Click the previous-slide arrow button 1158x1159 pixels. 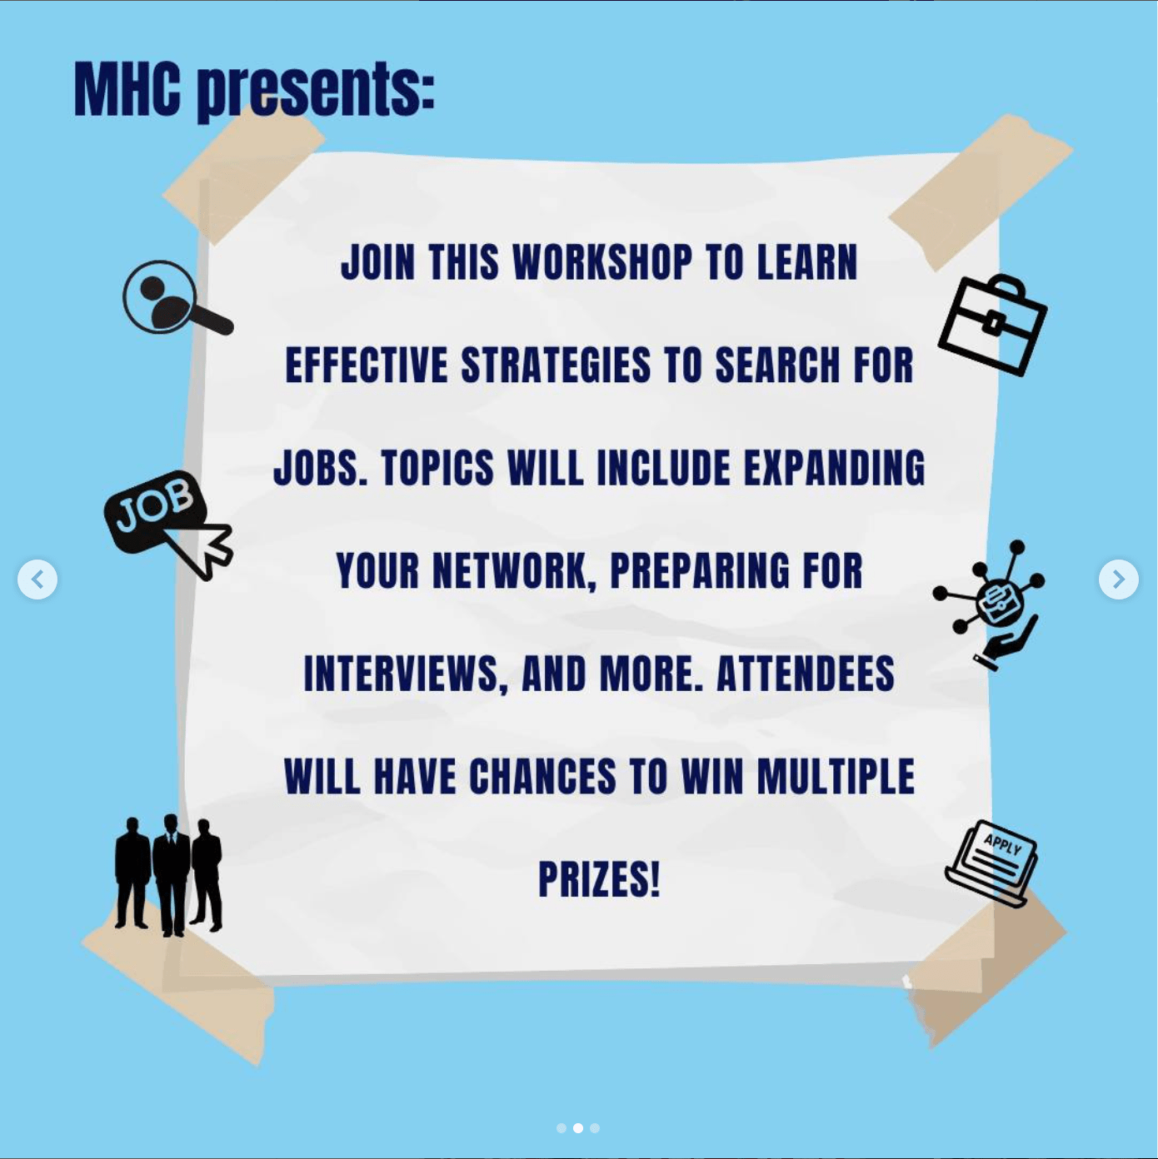pyautogui.click(x=37, y=579)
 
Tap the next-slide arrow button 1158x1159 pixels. pyautogui.click(x=1118, y=579)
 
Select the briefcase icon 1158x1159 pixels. pyautogui.click(x=992, y=325)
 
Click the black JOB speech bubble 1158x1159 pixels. pyautogui.click(x=155, y=511)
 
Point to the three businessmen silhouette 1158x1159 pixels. pyautogui.click(x=169, y=875)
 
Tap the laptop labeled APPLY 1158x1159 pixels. pyautogui.click(x=991, y=863)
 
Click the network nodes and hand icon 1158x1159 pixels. pyautogui.click(x=989, y=605)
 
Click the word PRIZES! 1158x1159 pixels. pyautogui.click(x=599, y=879)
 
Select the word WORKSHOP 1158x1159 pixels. pyautogui.click(x=601, y=262)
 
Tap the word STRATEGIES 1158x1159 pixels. pyautogui.click(x=556, y=365)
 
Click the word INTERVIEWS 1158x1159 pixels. pyautogui.click(x=407, y=674)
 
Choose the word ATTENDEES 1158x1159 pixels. pyautogui.click(x=806, y=674)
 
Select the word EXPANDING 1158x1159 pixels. pyautogui.click(x=834, y=468)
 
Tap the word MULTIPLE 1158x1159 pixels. pyautogui.click(x=836, y=777)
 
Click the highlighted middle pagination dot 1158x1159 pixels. pyautogui.click(x=578, y=1128)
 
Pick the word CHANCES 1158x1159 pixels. pyautogui.click(x=543, y=777)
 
